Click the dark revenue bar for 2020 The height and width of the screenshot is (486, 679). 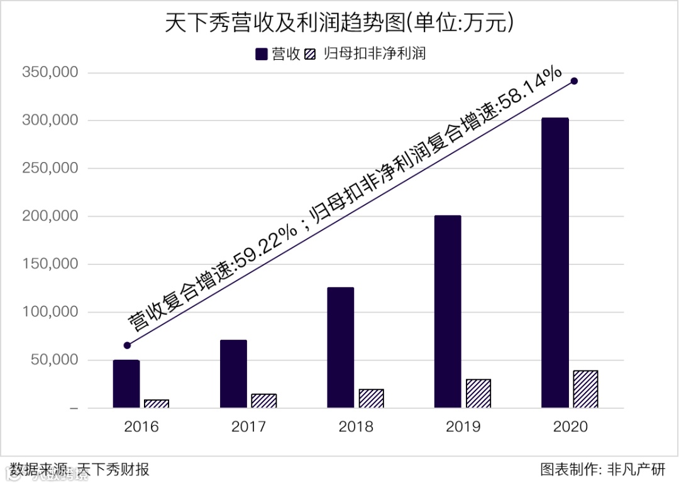pos(555,263)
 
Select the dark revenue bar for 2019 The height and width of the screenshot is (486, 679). pos(447,311)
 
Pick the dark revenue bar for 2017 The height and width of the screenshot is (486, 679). pos(233,374)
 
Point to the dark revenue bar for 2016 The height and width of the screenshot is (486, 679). pos(126,384)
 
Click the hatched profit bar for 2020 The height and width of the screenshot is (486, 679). pos(585,389)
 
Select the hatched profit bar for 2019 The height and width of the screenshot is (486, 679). pos(478,394)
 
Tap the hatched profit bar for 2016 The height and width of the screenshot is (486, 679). pos(157,404)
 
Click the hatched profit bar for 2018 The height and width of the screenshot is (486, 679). pos(371,399)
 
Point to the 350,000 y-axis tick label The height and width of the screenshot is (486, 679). pos(50,73)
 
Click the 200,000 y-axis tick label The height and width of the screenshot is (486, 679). pos(50,217)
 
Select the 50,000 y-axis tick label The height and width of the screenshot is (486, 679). pos(53,360)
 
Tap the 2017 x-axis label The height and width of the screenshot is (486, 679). pos(248,427)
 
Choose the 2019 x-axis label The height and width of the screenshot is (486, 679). pos(463,427)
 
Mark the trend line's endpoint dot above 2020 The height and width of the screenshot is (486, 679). pos(574,81)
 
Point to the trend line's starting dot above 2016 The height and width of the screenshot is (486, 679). pos(127,345)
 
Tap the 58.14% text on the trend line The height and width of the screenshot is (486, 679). pos(529,92)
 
